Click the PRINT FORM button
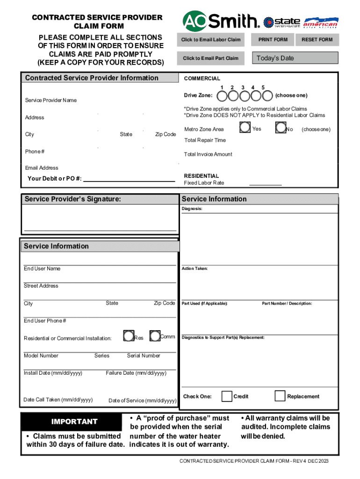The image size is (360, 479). click(273, 40)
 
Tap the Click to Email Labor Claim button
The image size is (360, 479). click(211, 40)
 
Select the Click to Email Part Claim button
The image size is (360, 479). click(210, 58)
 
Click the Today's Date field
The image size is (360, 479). click(295, 58)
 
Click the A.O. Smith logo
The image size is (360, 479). click(221, 21)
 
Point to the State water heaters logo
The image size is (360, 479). click(282, 22)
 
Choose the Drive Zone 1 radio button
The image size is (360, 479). click(222, 96)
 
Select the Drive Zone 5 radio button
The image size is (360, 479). click(266, 96)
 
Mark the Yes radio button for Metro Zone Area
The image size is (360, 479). click(245, 127)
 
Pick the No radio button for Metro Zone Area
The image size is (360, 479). click(281, 127)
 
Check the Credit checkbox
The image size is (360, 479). click(227, 396)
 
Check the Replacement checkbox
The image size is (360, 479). click(280, 396)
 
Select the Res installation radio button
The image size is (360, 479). click(128, 336)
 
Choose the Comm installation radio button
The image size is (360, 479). click(155, 336)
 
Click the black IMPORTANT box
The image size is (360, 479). click(74, 421)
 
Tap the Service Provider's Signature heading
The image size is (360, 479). click(73, 199)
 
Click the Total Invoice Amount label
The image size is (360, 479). click(208, 154)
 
